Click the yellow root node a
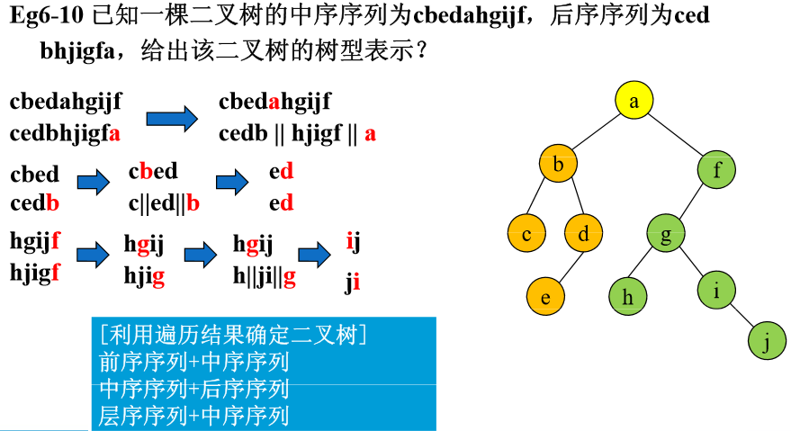point(634,102)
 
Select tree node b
point(558,165)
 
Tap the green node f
point(717,170)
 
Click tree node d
point(583,235)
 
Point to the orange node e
point(545,294)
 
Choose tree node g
point(667,236)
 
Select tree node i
point(716,290)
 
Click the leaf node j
point(767,342)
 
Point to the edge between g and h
point(647,265)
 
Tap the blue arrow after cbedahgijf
point(171,118)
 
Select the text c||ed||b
point(164,203)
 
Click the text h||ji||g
point(265,277)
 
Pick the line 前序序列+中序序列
point(194,363)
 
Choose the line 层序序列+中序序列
point(194,416)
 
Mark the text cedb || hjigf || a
point(297,134)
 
